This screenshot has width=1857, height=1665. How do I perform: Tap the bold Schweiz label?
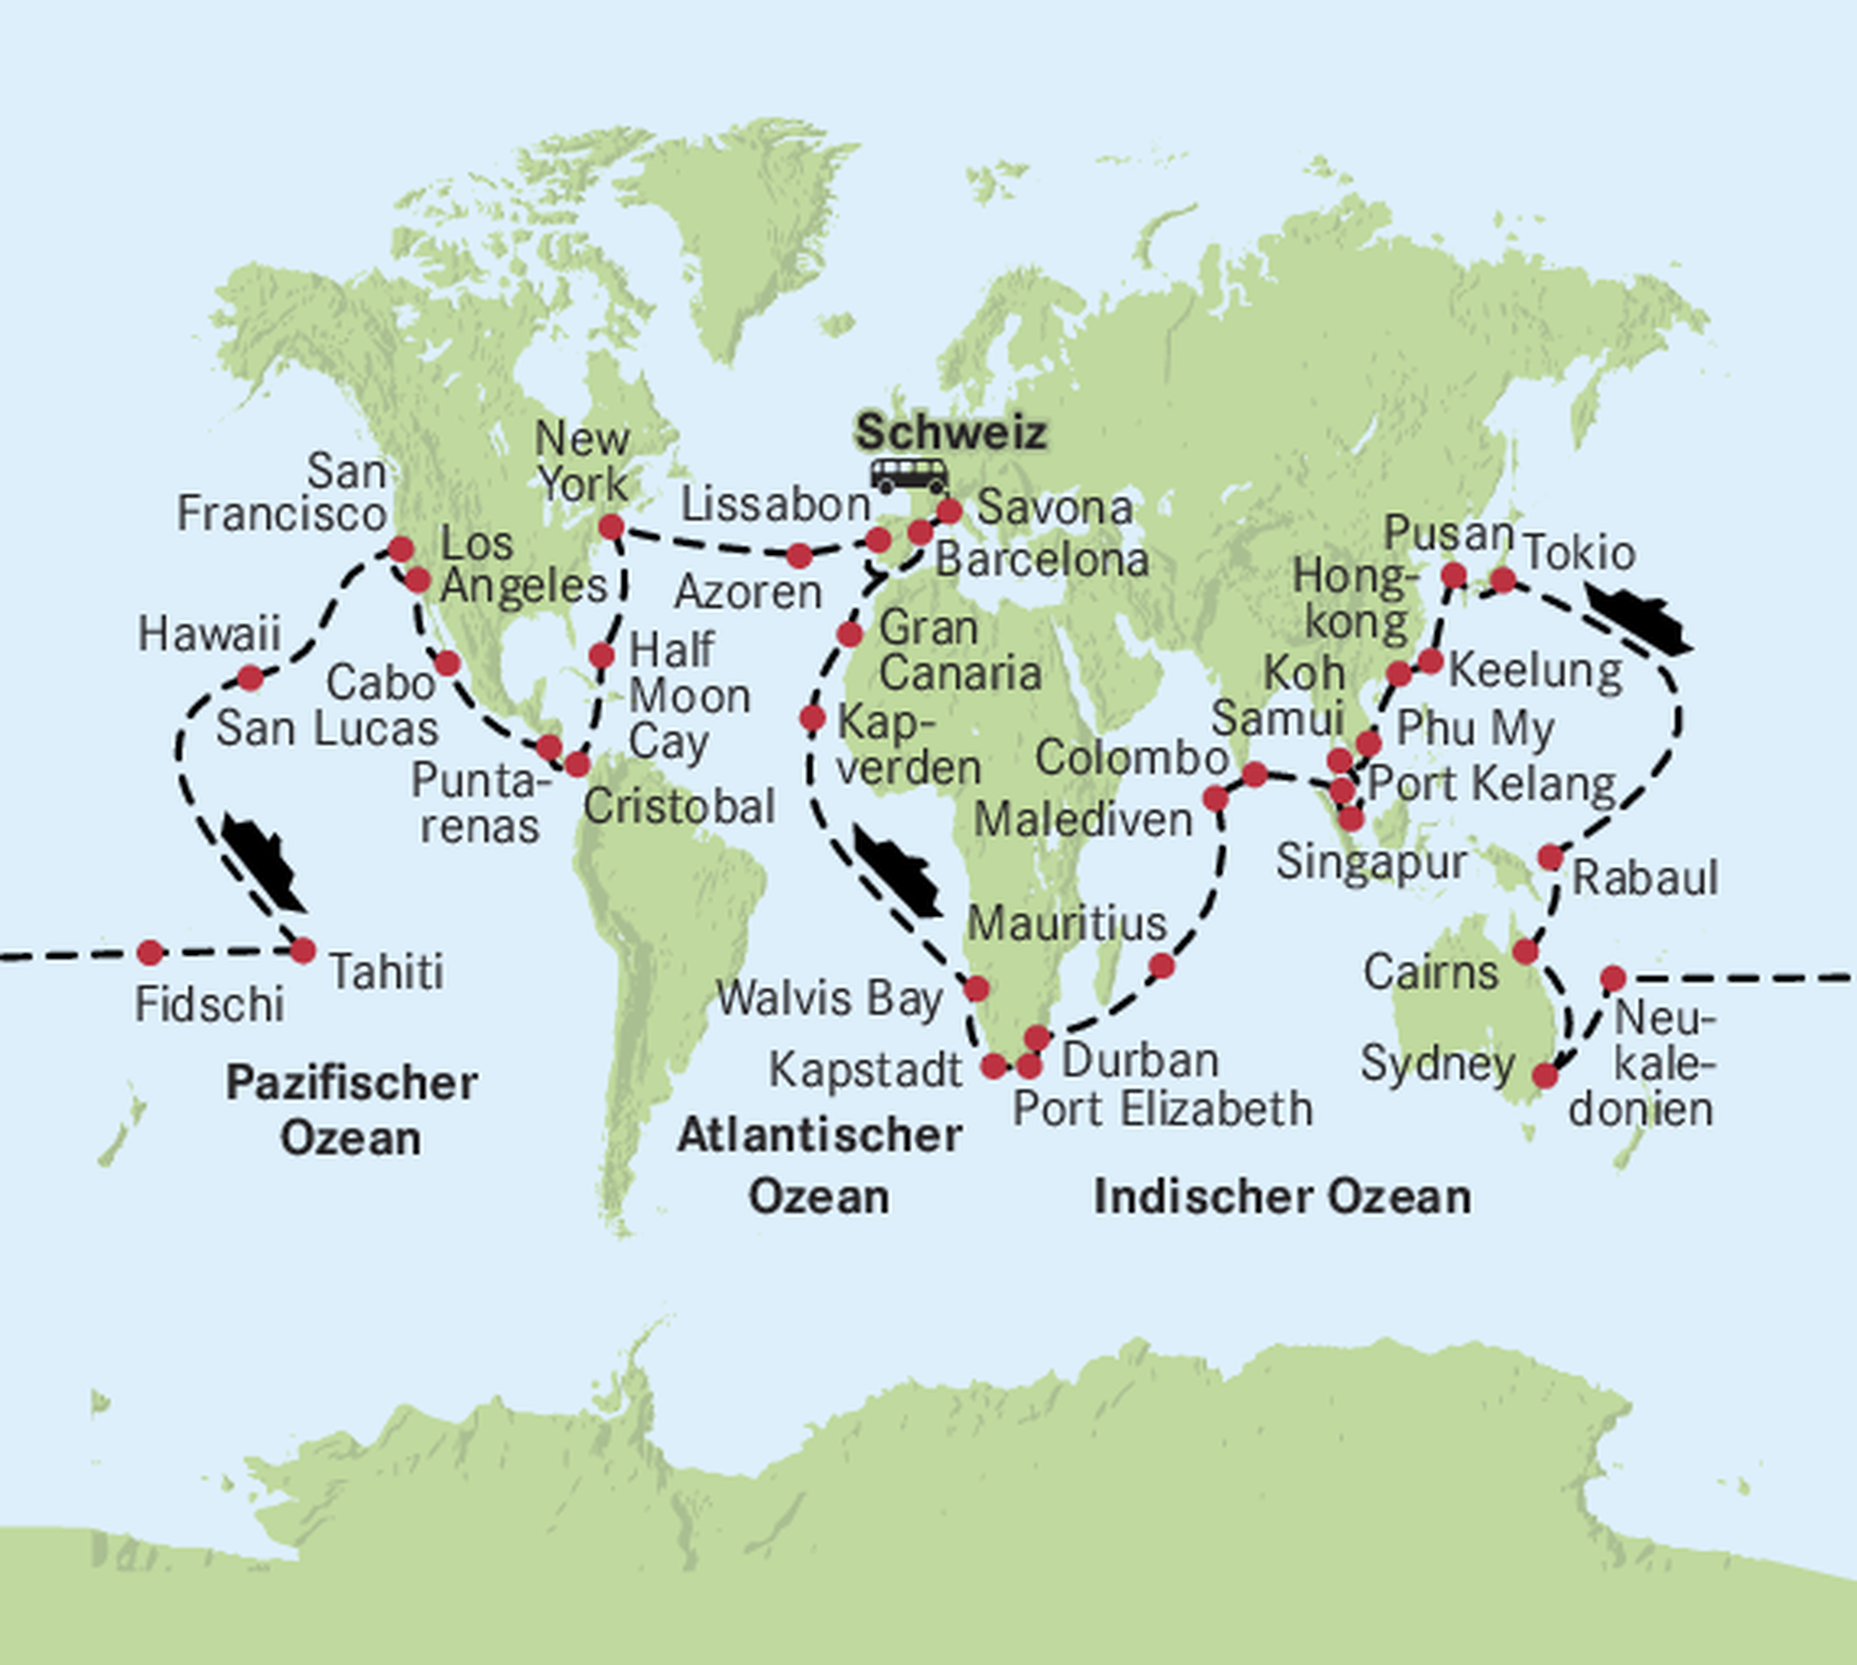pyautogui.click(x=950, y=432)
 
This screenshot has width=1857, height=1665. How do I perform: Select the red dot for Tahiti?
pyautogui.click(x=303, y=950)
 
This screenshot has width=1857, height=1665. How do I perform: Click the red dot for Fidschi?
pyautogui.click(x=150, y=953)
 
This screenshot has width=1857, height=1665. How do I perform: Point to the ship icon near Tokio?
pyautogui.click(x=1638, y=621)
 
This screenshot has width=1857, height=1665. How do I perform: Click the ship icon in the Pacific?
pyautogui.click(x=264, y=863)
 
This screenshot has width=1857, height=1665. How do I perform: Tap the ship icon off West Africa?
pyautogui.click(x=898, y=870)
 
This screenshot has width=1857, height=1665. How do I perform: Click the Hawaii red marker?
pyautogui.click(x=249, y=678)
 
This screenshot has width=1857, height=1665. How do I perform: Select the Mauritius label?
pyautogui.click(x=1066, y=924)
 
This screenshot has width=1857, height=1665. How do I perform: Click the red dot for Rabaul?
pyautogui.click(x=1551, y=857)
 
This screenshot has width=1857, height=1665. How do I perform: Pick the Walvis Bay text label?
pyautogui.click(x=829, y=998)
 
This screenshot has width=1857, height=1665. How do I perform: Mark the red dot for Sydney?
pyautogui.click(x=1544, y=1076)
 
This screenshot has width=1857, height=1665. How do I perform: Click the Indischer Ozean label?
pyautogui.click(x=1282, y=1196)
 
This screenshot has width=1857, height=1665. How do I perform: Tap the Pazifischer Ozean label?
pyautogui.click(x=351, y=1111)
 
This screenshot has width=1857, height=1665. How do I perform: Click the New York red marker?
pyautogui.click(x=611, y=526)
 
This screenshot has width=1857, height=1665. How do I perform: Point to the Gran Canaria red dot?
pyautogui.click(x=850, y=633)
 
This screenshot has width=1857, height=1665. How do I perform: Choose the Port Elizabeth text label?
pyautogui.click(x=1162, y=1110)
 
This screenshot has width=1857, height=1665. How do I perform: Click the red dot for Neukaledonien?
pyautogui.click(x=1613, y=979)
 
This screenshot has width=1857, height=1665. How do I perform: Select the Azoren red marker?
pyautogui.click(x=799, y=555)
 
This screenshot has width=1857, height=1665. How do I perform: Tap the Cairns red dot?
pyautogui.click(x=1525, y=951)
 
